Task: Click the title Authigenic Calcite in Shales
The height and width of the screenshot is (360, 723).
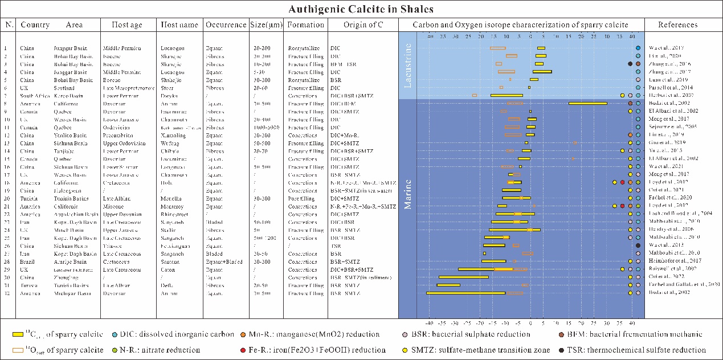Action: pos(361,9)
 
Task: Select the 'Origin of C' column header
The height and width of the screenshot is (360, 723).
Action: pos(362,25)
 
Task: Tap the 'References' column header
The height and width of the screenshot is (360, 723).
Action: pos(677,25)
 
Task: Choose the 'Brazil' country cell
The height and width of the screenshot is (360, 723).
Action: pos(26,261)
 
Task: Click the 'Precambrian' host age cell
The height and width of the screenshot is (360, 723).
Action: pos(119,134)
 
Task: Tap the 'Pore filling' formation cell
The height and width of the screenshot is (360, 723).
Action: pos(301,198)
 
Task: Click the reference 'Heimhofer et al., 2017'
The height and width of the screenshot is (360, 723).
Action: pos(677,261)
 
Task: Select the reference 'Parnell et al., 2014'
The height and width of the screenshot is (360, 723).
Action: pos(677,87)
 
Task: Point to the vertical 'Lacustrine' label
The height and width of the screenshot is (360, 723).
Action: pos(408,66)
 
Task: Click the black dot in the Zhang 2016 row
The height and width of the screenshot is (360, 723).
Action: pos(630,64)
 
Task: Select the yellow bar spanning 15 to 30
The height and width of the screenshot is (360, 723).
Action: pos(587,103)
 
